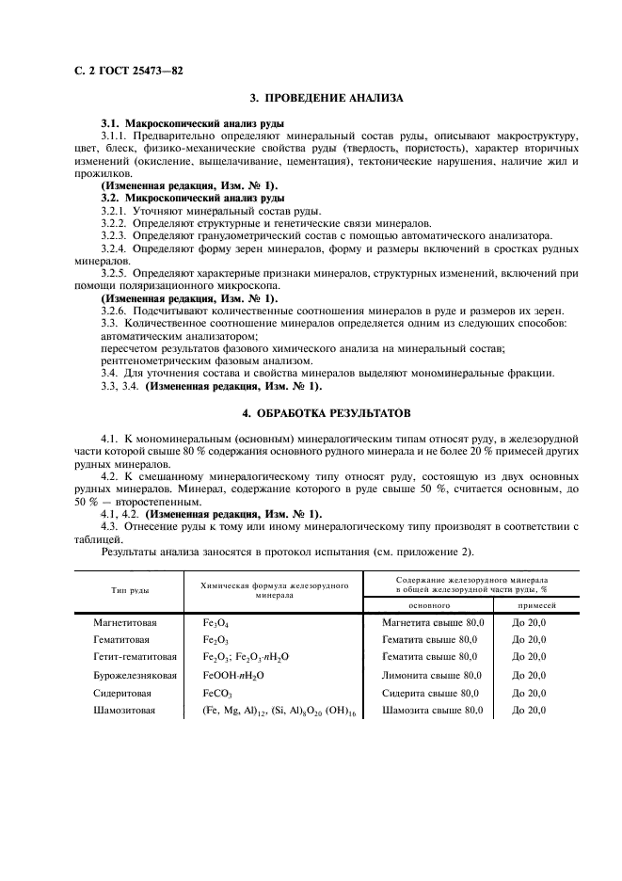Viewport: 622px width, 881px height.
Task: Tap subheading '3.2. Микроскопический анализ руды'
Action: click(x=193, y=199)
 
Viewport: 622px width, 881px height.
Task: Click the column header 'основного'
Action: click(x=430, y=606)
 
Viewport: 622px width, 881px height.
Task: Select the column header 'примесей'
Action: click(x=535, y=606)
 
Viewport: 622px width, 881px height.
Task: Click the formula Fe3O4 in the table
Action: click(x=215, y=623)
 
